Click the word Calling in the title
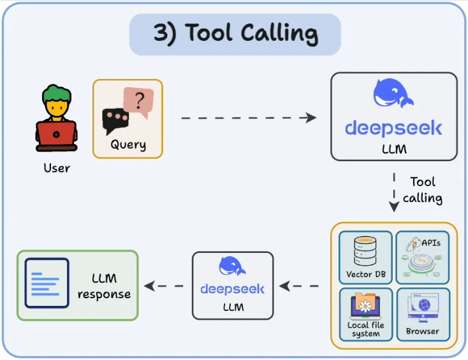[x=279, y=34]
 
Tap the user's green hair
[x=56, y=94]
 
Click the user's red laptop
[x=56, y=134]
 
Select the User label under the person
[x=57, y=168]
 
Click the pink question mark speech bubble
[x=138, y=101]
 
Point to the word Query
[x=128, y=145]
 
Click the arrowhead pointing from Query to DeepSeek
[x=311, y=117]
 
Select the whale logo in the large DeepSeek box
[x=393, y=93]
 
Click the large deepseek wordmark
[x=393, y=128]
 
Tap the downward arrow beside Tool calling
[x=394, y=192]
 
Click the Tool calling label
[x=423, y=190]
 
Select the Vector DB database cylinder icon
[x=365, y=251]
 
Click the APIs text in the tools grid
[x=431, y=243]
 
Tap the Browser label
[x=422, y=331]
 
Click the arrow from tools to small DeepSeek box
[x=299, y=286]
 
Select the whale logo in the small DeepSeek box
[x=232, y=266]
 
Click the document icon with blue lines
[x=47, y=283]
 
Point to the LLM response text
[x=104, y=286]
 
